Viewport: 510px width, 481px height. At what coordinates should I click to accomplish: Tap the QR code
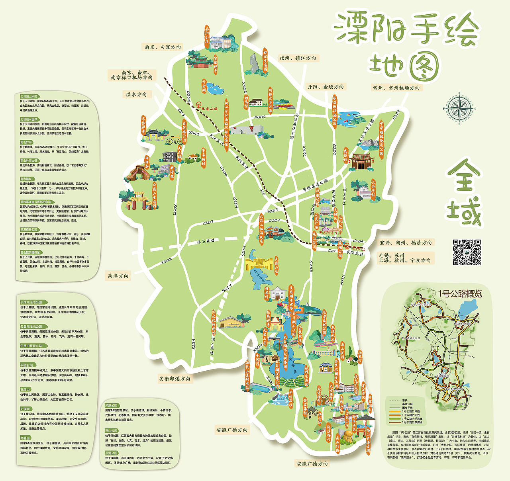(467, 252)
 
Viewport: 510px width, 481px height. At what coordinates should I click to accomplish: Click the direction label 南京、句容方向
(163, 47)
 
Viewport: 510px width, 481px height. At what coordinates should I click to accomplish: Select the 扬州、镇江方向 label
(298, 58)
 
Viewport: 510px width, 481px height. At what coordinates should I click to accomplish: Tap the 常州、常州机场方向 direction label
(396, 88)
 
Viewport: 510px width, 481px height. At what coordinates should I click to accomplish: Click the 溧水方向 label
(136, 95)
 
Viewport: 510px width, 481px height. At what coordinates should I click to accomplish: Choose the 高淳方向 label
(118, 276)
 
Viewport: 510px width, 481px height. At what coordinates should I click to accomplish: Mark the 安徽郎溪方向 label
(175, 379)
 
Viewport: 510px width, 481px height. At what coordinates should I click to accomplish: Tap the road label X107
(208, 223)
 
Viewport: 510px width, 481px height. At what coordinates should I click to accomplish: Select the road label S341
(194, 133)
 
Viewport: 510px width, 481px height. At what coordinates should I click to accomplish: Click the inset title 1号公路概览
(460, 294)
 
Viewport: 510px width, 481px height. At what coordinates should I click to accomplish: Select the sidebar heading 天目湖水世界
(29, 119)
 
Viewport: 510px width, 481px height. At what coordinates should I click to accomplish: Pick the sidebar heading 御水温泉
(26, 179)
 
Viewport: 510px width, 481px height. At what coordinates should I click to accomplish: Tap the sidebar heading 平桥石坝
(27, 365)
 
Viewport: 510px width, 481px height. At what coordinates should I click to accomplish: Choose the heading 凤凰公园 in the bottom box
(112, 405)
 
